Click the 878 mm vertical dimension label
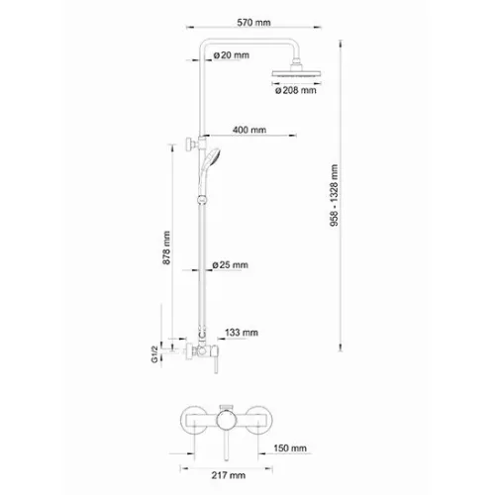[x=168, y=247]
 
